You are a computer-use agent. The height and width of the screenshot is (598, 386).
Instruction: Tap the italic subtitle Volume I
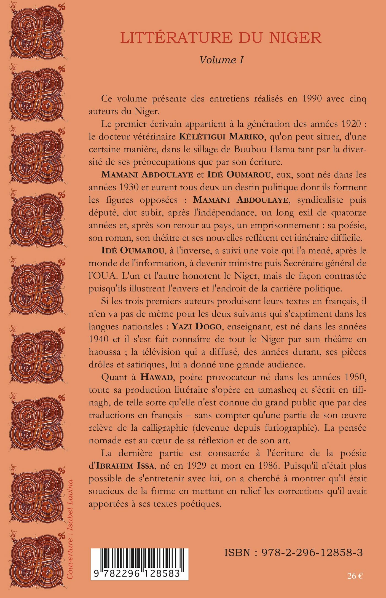coord(221,60)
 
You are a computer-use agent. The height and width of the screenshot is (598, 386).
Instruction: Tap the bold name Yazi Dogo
coord(197,326)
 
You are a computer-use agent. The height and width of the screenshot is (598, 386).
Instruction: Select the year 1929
coord(197,466)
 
